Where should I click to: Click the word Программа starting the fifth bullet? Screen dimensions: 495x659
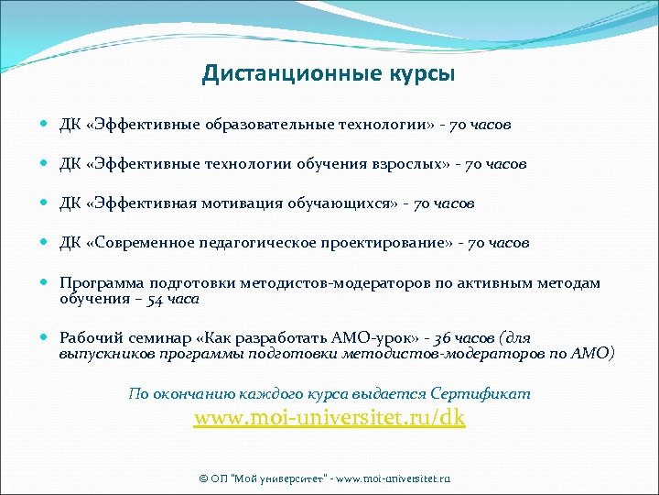(100, 283)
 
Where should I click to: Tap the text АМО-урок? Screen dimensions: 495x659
(329, 337)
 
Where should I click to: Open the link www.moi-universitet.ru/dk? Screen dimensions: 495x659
(329, 418)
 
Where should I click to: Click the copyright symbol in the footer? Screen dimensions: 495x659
(203, 478)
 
